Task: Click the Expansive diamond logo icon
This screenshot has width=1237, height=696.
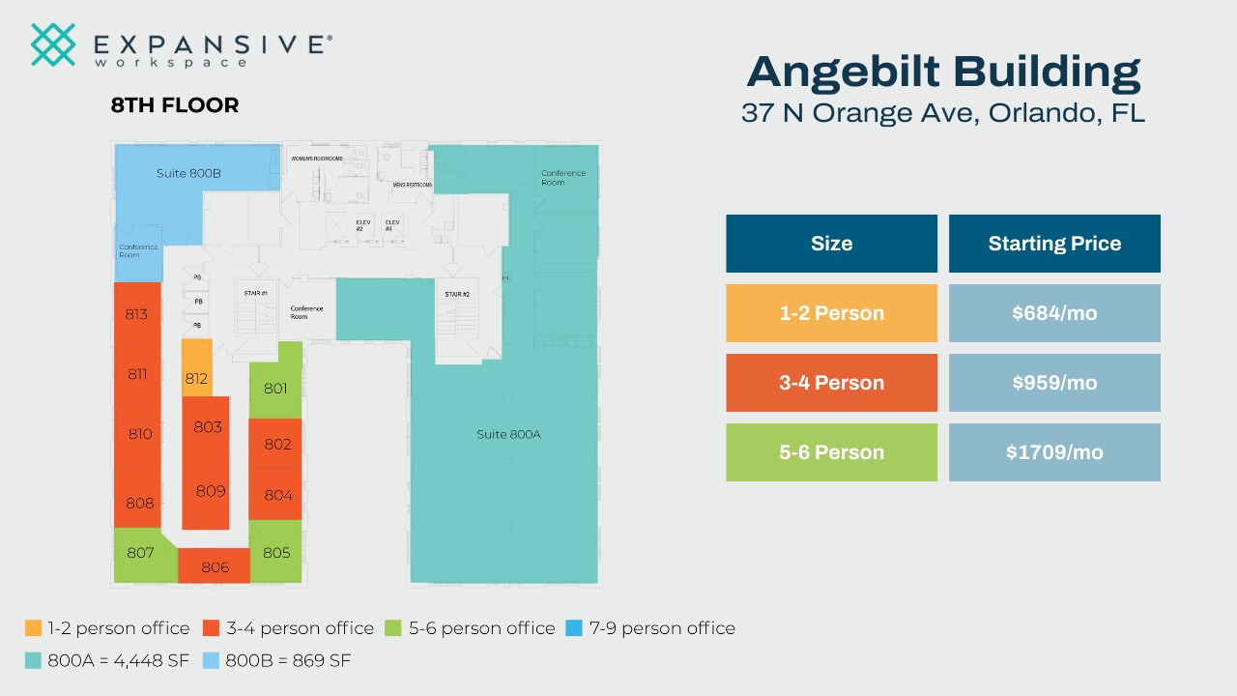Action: (53, 44)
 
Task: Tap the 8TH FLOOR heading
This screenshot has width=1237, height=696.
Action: (175, 105)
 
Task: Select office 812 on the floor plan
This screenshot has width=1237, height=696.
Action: (196, 378)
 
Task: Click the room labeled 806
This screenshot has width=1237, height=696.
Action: (215, 566)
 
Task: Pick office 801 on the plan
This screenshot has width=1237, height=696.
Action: (275, 389)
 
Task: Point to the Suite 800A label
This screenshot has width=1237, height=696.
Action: (508, 434)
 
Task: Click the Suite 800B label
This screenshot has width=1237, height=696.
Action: (189, 174)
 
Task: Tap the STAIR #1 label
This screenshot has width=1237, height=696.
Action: (257, 292)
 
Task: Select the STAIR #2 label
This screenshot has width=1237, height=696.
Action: (457, 294)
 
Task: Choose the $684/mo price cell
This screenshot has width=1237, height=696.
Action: (1054, 313)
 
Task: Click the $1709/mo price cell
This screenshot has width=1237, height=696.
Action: (1054, 452)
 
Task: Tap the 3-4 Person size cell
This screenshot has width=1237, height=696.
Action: (831, 383)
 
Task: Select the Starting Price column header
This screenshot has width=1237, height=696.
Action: (1054, 244)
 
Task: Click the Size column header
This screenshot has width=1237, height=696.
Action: (831, 244)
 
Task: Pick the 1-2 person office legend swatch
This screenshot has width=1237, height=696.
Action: (34, 628)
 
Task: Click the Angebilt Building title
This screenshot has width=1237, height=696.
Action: (943, 72)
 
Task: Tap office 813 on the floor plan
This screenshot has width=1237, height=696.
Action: (136, 314)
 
